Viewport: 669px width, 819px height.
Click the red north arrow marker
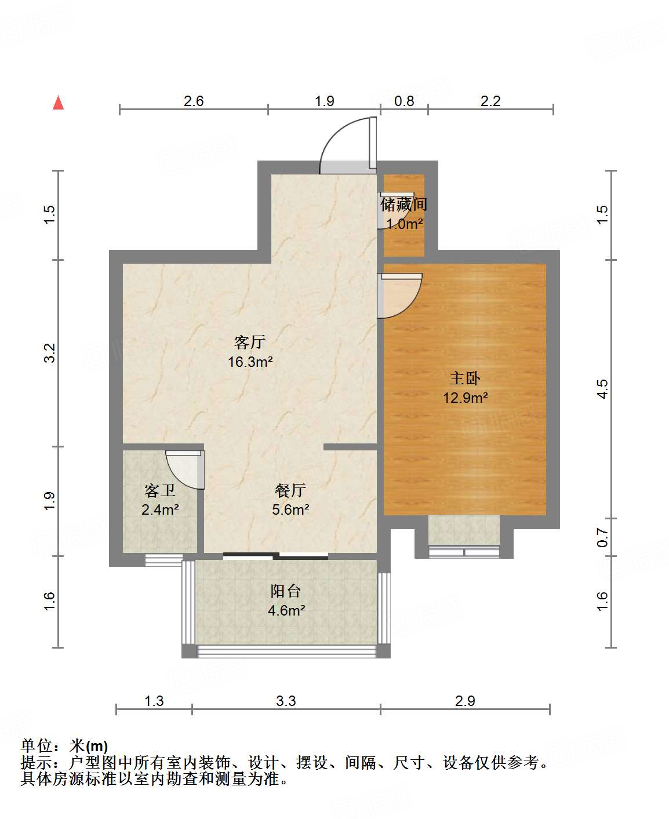click(58, 103)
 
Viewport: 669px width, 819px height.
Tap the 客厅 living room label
click(250, 342)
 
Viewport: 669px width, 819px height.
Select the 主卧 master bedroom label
click(465, 378)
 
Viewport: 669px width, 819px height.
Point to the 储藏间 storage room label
click(404, 204)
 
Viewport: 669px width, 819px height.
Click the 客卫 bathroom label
click(160, 491)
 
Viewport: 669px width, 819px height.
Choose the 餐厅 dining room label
click(290, 490)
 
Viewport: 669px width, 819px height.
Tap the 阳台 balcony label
click(286, 591)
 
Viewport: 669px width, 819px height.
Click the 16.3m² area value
click(250, 362)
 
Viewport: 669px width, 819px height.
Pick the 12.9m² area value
click(465, 398)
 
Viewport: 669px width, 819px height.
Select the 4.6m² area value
click(286, 610)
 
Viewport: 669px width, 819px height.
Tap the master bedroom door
click(399, 295)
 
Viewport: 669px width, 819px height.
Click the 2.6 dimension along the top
click(194, 101)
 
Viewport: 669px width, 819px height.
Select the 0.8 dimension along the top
click(404, 101)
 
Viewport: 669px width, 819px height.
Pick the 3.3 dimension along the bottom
click(286, 701)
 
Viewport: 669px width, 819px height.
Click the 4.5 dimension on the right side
click(603, 388)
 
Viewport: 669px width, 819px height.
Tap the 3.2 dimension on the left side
click(50, 353)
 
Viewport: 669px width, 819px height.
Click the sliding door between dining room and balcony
click(276, 556)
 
